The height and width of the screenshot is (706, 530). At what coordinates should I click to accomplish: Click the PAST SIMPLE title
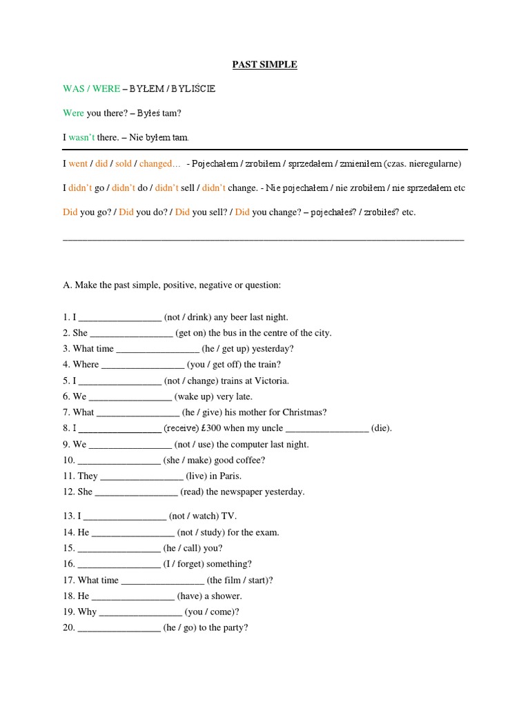[x=264, y=65]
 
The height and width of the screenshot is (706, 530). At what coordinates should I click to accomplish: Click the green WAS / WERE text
[x=91, y=89]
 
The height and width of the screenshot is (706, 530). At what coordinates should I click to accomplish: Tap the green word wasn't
[x=81, y=138]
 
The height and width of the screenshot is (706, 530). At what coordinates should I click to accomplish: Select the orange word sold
[x=124, y=163]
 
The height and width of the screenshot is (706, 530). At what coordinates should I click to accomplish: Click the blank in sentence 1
[x=120, y=317]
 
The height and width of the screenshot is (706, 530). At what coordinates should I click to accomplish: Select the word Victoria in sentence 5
[x=272, y=381]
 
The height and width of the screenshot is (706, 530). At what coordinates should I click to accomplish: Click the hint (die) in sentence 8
[x=382, y=428]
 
